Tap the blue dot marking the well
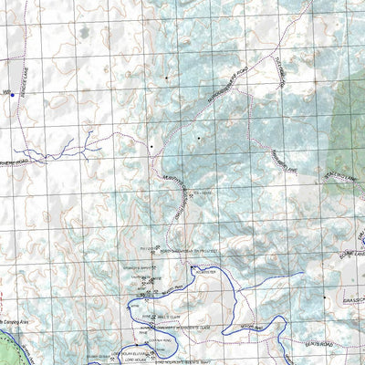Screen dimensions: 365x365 14,94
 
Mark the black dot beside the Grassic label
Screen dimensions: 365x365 325,297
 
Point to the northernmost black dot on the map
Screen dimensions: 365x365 166,80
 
